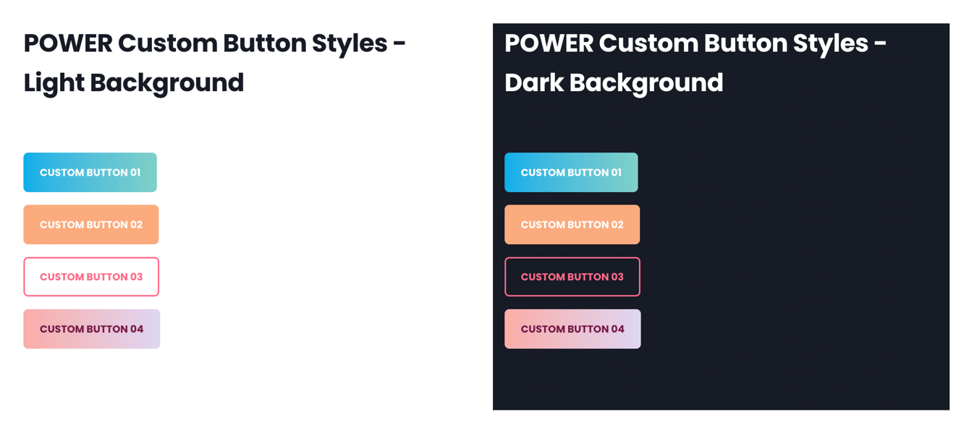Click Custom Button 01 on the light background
coord(90,173)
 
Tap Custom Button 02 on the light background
coord(90,225)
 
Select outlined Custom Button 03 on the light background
coord(90,277)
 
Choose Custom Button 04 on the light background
coord(91,329)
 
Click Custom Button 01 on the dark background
coord(571,173)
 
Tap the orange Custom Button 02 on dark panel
coord(572,225)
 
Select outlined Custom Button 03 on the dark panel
coord(572,277)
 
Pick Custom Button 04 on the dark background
coord(572,329)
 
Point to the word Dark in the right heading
coord(533,83)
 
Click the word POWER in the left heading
coord(68,43)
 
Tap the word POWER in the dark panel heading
coord(549,43)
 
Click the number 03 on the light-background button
coord(135,277)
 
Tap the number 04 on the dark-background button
coord(617,329)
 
